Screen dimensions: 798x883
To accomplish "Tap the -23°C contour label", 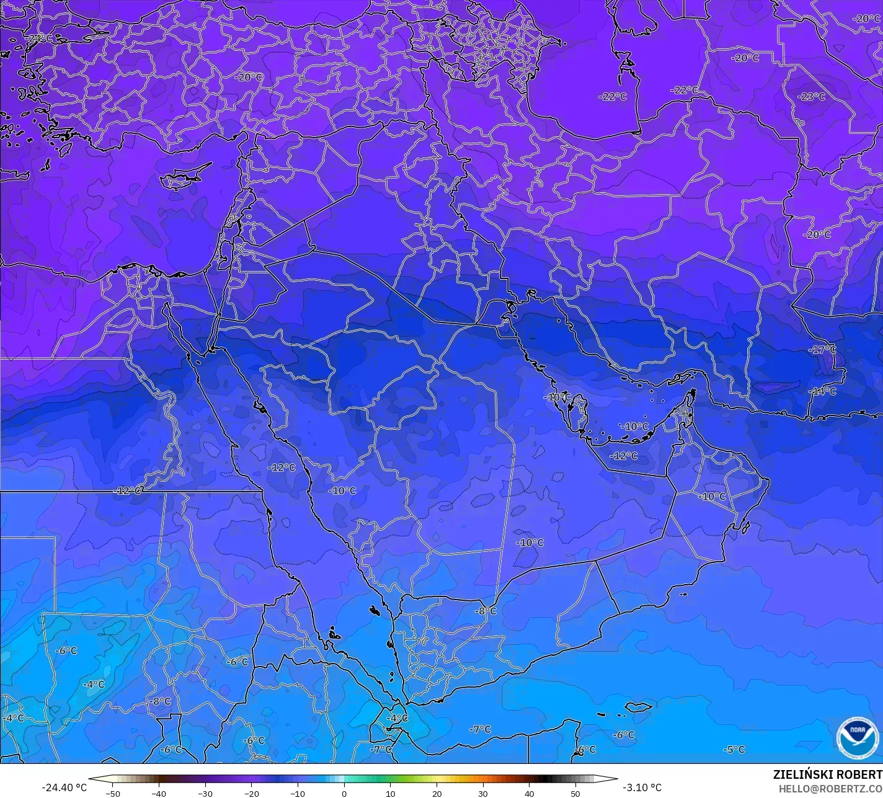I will [x=812, y=97].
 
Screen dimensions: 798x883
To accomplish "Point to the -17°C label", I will [x=822, y=350].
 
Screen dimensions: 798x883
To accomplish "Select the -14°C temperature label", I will [x=823, y=391].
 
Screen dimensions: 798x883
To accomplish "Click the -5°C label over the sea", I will [x=734, y=749].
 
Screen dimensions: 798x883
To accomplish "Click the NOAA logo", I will [x=858, y=737].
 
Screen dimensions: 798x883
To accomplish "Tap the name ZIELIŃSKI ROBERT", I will [x=827, y=774].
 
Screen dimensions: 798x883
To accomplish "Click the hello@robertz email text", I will [x=830, y=788].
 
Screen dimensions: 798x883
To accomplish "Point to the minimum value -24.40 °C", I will [x=64, y=787].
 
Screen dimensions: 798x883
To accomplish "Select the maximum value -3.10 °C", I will [x=642, y=787].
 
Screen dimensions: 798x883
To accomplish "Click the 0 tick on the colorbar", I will [x=344, y=793].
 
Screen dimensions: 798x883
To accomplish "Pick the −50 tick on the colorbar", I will [x=112, y=793].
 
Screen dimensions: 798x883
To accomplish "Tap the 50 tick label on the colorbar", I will [x=575, y=793].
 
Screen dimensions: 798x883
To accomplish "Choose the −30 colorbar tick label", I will [x=205, y=793].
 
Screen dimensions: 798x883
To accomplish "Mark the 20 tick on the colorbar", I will [x=437, y=793].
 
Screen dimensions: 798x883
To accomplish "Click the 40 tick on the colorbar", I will [x=529, y=793].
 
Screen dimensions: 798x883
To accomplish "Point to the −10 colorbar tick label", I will [x=298, y=793].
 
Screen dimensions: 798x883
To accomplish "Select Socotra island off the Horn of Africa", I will [x=638, y=706].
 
